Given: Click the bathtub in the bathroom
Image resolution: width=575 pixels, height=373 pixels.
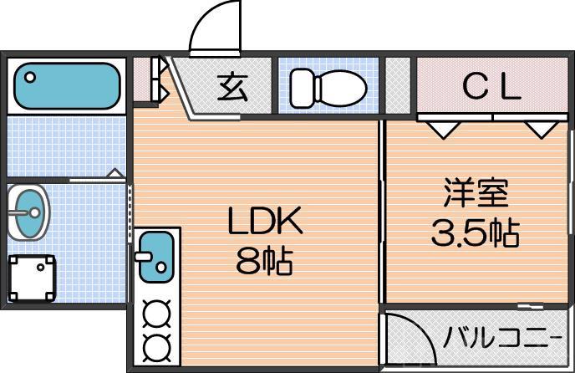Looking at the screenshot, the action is click(x=67, y=86).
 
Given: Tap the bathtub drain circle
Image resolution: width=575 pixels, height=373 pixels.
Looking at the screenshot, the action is click(x=30, y=78).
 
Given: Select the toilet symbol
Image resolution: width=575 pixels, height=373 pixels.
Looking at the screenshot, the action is click(x=328, y=88).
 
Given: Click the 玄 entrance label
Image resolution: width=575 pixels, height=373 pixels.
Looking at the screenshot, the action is click(x=232, y=87).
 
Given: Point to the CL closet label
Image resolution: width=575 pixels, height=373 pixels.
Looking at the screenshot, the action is click(x=491, y=87).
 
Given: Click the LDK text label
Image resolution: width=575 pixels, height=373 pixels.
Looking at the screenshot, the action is click(x=265, y=220).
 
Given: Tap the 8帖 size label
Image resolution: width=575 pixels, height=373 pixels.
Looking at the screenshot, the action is click(x=264, y=261).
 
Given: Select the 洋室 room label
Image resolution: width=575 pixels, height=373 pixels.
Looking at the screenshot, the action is click(x=476, y=192).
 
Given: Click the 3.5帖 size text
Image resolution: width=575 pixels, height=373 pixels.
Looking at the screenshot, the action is click(x=476, y=232).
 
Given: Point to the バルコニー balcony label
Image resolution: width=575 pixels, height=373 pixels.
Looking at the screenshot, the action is click(x=502, y=337).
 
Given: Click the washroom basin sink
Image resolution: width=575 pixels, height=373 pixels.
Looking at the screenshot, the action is click(x=28, y=212).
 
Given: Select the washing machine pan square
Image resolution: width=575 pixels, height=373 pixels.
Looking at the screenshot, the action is click(x=32, y=278).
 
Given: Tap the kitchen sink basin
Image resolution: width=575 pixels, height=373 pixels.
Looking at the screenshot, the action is click(x=156, y=257).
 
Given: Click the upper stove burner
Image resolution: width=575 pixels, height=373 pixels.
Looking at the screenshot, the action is click(x=156, y=314).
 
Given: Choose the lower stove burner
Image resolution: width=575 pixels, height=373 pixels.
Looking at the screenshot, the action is click(x=156, y=346).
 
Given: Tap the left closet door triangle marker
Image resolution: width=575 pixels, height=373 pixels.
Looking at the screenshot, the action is click(x=444, y=130).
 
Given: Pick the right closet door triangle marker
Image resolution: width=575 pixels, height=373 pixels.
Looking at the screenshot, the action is click(x=542, y=130).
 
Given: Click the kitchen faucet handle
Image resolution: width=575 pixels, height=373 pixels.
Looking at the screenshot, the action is click(x=144, y=256).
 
